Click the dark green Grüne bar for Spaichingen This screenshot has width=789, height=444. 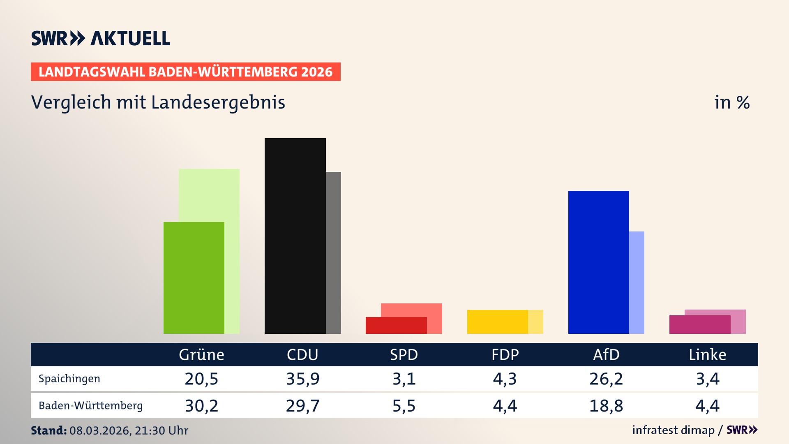click(x=194, y=277)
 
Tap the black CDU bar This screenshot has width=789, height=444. click(x=295, y=236)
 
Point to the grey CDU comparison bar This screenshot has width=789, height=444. click(x=333, y=252)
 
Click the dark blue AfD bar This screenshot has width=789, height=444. click(x=598, y=262)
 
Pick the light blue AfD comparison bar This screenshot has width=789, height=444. click(x=637, y=282)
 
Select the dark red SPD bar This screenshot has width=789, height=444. click(x=396, y=325)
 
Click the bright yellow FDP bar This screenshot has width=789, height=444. click(x=497, y=321)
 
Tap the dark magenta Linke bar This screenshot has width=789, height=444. click(x=699, y=324)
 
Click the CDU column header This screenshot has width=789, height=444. click(x=302, y=355)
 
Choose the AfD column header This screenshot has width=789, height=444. click(x=606, y=355)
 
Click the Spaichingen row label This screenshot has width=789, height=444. click(x=69, y=379)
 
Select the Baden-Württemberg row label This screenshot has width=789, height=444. click(x=90, y=406)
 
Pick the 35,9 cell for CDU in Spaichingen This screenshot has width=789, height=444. click(x=302, y=379)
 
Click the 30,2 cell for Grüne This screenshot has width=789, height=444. click(x=201, y=406)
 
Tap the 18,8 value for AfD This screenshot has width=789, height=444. click(x=606, y=406)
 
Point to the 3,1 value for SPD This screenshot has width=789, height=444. click(x=404, y=379)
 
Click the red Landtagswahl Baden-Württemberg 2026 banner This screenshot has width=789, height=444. click(x=185, y=72)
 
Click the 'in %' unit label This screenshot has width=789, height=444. click(x=731, y=102)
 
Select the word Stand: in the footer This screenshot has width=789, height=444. click(x=48, y=430)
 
